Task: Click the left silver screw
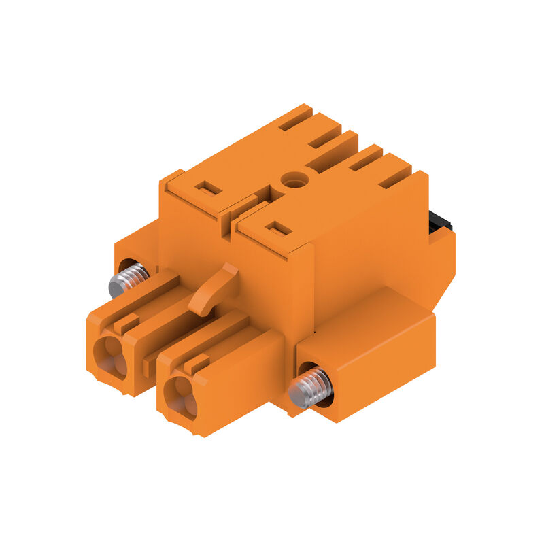(x=128, y=279)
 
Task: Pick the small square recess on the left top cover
(x=208, y=188)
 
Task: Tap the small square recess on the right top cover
(x=278, y=228)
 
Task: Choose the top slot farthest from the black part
(x=295, y=120)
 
